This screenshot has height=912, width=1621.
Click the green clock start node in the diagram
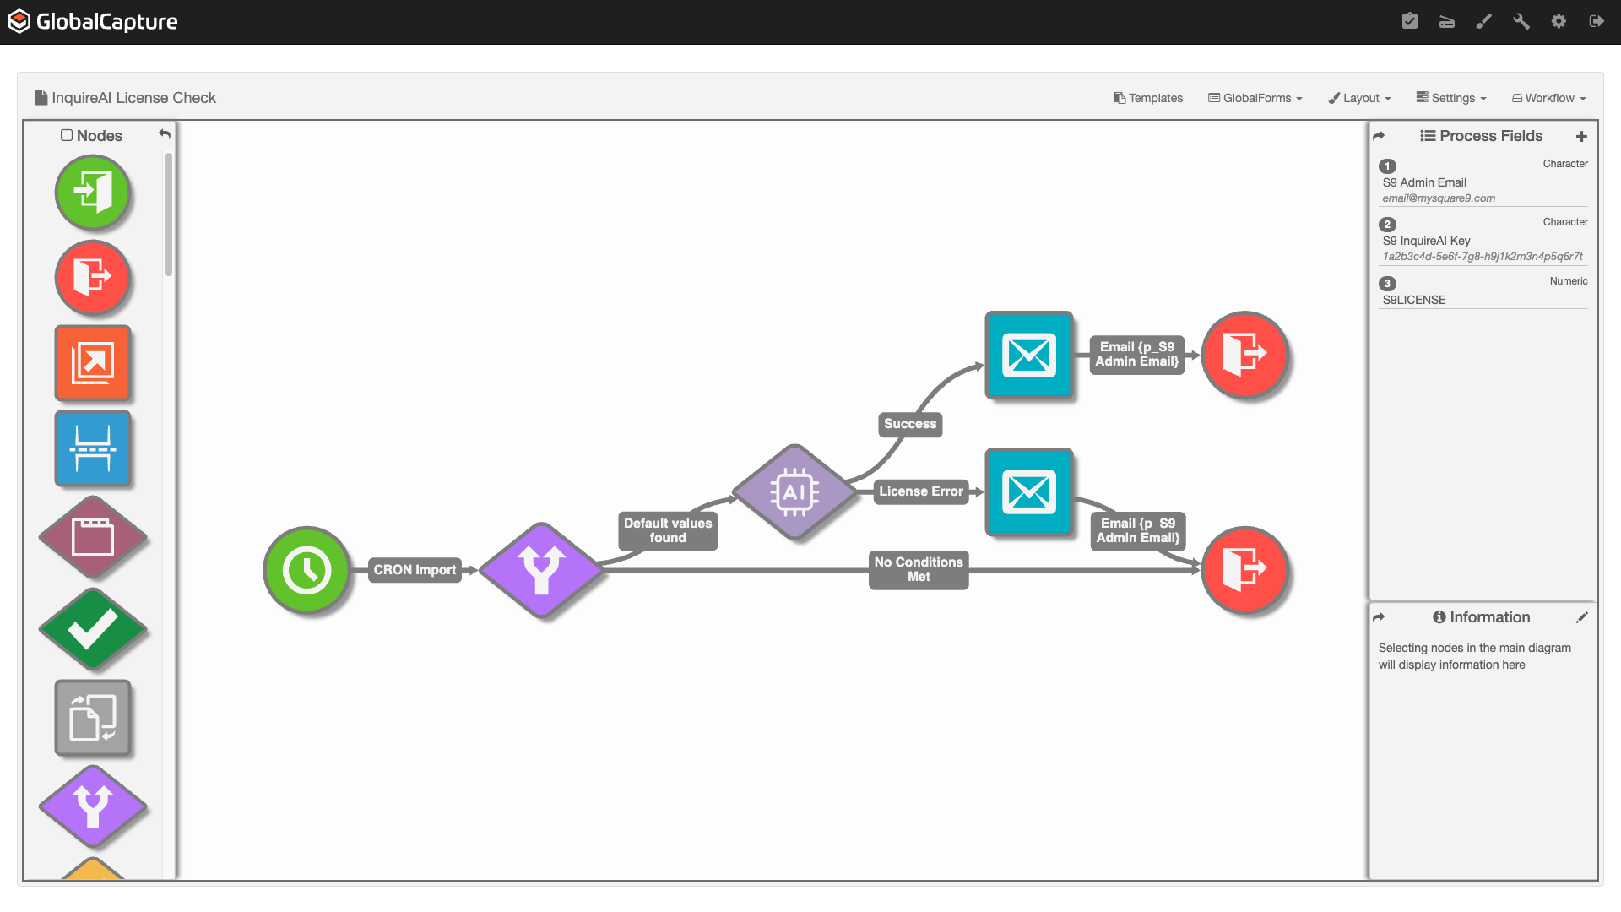[x=306, y=571]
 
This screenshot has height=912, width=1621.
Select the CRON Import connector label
[x=415, y=570]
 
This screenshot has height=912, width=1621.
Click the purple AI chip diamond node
[x=794, y=491]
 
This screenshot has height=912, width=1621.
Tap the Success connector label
[x=910, y=424]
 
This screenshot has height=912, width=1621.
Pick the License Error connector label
[x=920, y=491]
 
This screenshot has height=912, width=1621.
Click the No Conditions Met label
[x=919, y=569]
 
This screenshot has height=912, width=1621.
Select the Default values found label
[x=668, y=530]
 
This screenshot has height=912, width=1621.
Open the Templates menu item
[x=1148, y=98]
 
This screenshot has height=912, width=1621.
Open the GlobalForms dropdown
[x=1255, y=98]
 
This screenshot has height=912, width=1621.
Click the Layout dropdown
[x=1359, y=98]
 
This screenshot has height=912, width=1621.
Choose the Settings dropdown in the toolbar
[x=1451, y=98]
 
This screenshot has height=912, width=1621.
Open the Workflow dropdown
[x=1548, y=98]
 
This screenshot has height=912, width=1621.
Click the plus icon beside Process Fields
[x=1581, y=136]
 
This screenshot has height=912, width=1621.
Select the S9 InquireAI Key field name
[x=1426, y=241]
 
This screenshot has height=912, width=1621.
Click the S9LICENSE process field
[x=1414, y=300]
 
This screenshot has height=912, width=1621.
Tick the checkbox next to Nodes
[x=67, y=135]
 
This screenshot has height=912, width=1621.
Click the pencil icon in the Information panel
[x=1581, y=617]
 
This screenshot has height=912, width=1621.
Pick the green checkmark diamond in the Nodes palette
[x=93, y=629]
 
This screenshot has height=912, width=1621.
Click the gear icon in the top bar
[x=1559, y=21]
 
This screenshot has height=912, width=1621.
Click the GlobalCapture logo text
[x=106, y=22]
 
